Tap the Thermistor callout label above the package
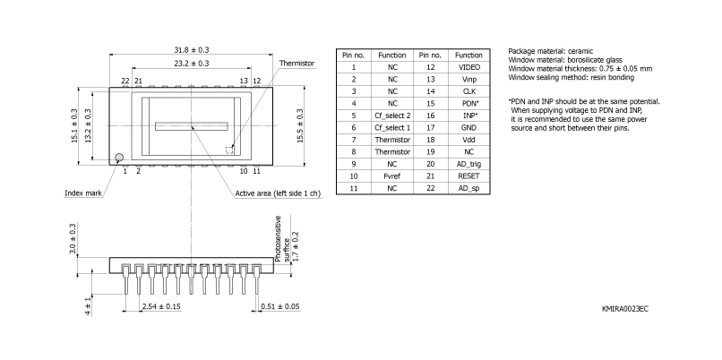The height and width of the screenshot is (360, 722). (297, 64)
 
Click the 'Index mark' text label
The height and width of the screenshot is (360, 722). (82, 193)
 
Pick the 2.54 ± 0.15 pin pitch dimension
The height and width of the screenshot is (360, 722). (161, 306)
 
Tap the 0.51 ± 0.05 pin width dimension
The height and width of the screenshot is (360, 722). (280, 306)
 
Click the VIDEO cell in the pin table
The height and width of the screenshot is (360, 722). (468, 67)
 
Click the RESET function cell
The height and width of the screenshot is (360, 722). (468, 176)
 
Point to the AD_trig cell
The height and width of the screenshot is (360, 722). (468, 165)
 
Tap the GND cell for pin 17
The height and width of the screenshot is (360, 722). (468, 128)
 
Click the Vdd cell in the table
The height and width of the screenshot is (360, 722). (468, 141)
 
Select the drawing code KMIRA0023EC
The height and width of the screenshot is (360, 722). (624, 308)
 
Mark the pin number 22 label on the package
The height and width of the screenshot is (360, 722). (125, 81)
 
